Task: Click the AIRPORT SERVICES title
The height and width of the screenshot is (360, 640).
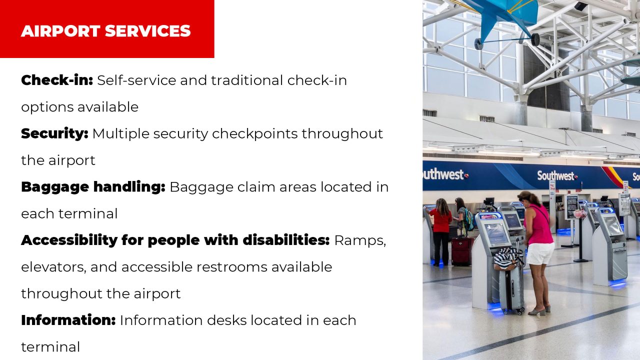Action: pyautogui.click(x=105, y=31)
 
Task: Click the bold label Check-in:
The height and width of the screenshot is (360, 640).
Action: pyautogui.click(x=57, y=80)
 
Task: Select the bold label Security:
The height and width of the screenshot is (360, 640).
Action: pyautogui.click(x=54, y=133)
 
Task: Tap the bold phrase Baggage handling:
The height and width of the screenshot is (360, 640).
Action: pyautogui.click(x=93, y=187)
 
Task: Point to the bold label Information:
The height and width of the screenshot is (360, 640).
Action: pyautogui.click(x=68, y=320)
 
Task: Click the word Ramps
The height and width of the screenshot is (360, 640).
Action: pyautogui.click(x=360, y=240)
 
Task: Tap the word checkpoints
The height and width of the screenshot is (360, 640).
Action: pyautogui.click(x=254, y=134)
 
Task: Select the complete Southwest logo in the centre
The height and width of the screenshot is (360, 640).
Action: pyautogui.click(x=557, y=176)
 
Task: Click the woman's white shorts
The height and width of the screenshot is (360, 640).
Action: pyautogui.click(x=541, y=253)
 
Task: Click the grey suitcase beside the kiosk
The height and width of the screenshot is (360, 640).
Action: pyautogui.click(x=511, y=290)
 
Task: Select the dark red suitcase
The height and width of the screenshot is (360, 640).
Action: pyautogui.click(x=461, y=250)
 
